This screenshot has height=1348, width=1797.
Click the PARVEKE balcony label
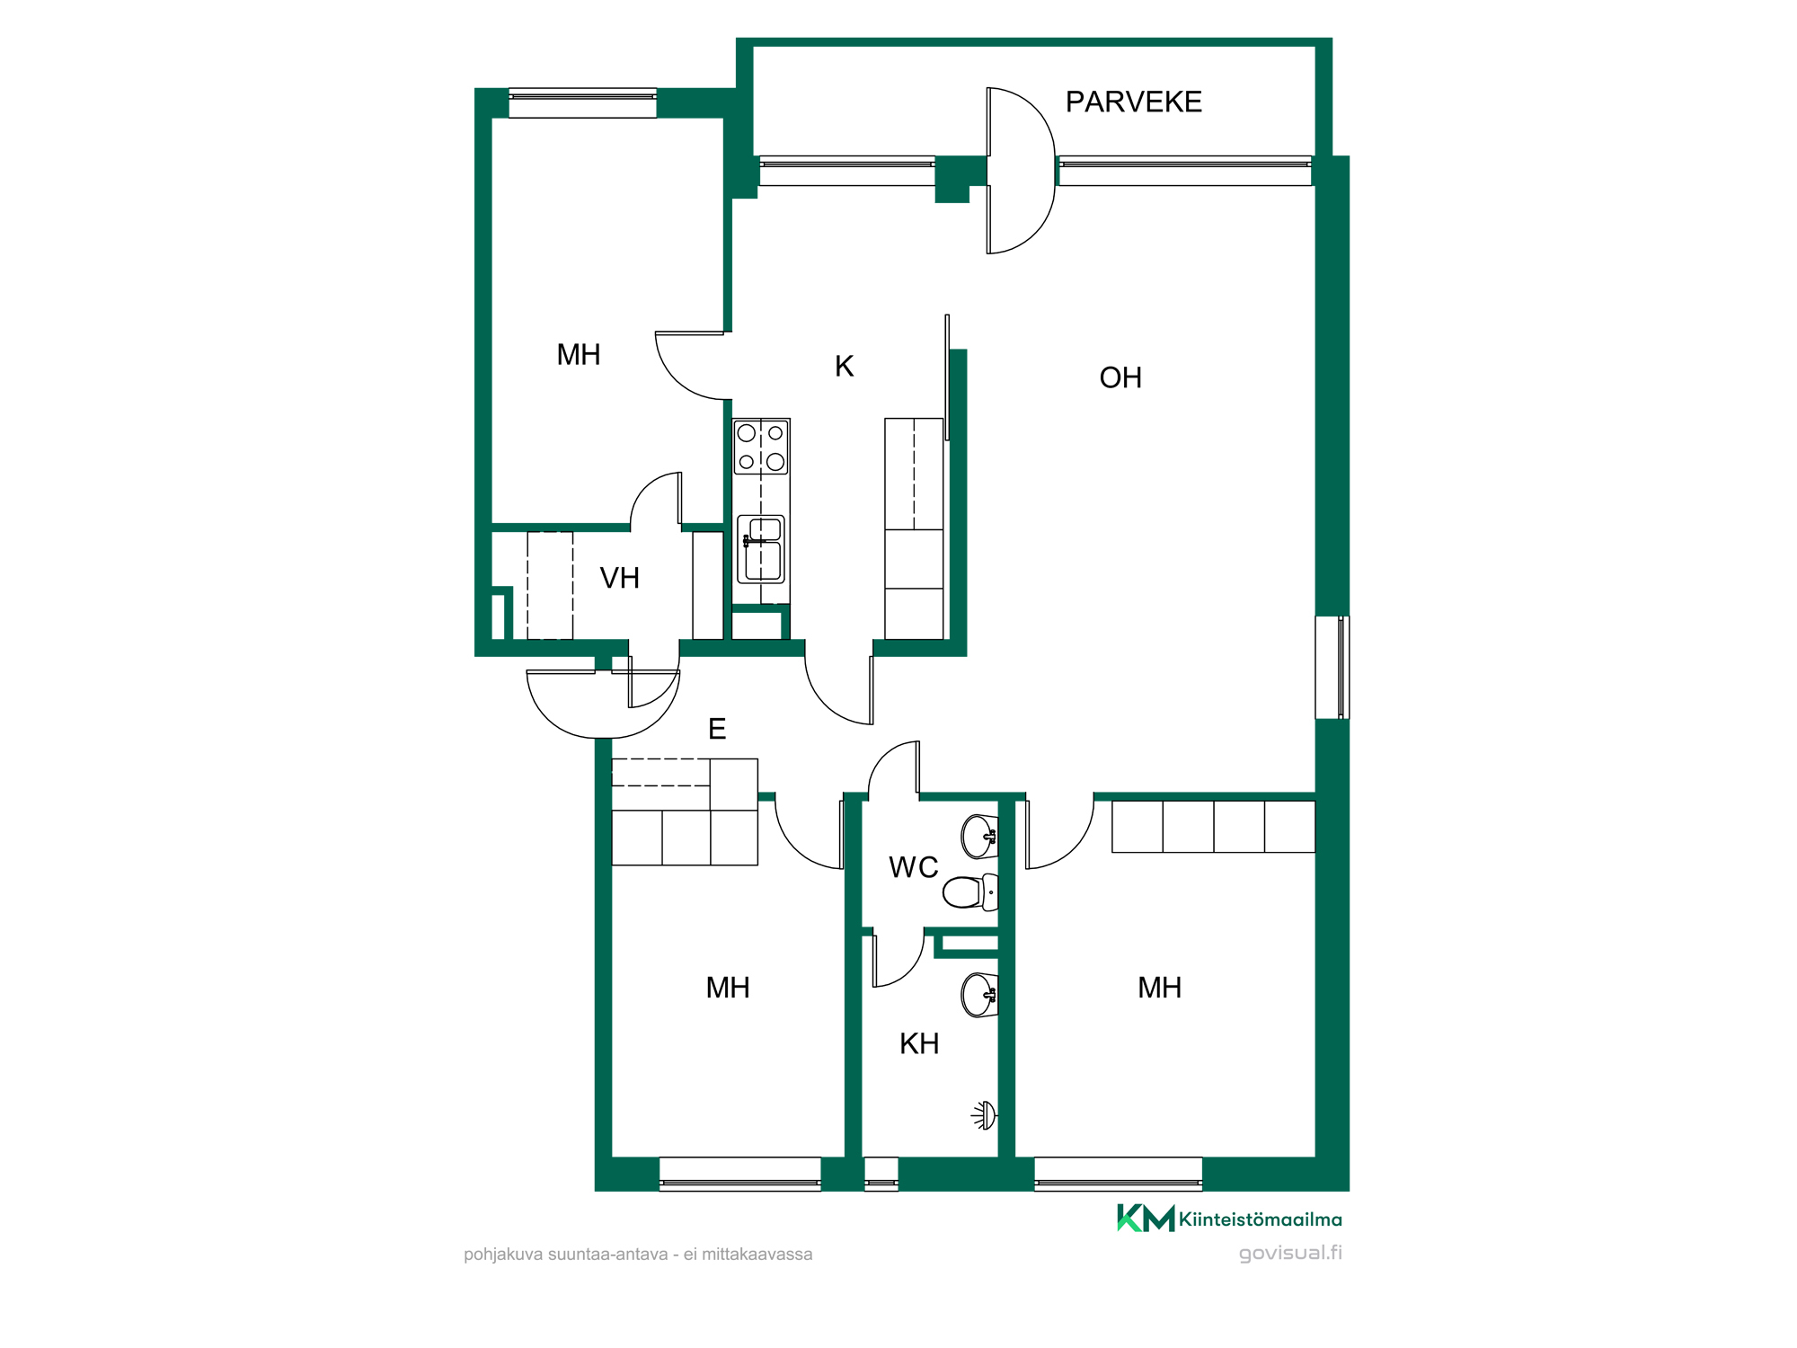tap(1133, 102)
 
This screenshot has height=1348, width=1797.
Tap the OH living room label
tap(1120, 377)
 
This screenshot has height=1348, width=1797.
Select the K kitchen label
tap(844, 366)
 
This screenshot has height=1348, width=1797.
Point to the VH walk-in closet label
tap(619, 578)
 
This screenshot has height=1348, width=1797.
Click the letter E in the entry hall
tap(717, 729)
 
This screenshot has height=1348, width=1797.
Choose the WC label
tap(913, 867)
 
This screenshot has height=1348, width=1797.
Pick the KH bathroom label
tap(919, 1043)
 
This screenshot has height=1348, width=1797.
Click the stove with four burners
tap(761, 447)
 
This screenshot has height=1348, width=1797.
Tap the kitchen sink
tap(761, 548)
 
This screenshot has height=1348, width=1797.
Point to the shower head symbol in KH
tap(985, 1115)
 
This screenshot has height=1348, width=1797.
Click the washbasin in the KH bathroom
tap(980, 995)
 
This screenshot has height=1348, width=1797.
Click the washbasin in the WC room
tap(980, 837)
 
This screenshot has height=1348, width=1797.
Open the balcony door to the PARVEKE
tap(1021, 171)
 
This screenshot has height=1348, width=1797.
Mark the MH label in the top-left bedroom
tap(578, 355)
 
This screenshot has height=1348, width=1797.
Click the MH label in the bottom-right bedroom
tap(1159, 988)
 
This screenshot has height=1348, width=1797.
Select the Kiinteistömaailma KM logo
tap(1229, 1219)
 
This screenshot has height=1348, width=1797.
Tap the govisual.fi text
tap(1290, 1253)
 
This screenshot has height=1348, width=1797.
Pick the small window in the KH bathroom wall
tap(881, 1174)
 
